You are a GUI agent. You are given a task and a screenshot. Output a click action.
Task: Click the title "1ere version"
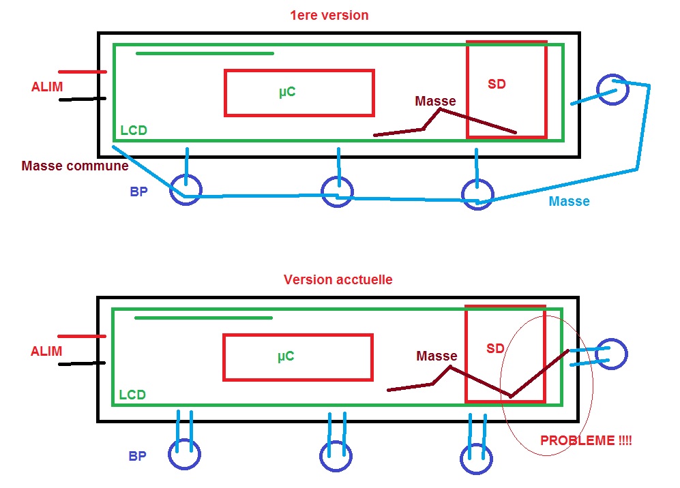329,15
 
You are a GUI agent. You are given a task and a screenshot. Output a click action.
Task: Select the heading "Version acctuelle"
338,279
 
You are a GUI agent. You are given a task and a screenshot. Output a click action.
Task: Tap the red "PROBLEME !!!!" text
586,441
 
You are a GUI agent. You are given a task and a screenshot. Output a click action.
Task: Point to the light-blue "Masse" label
569,201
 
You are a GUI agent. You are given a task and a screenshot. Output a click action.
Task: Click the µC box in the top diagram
299,93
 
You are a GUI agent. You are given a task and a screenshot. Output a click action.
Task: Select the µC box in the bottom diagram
298,357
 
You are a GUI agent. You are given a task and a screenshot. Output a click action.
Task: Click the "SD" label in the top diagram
497,85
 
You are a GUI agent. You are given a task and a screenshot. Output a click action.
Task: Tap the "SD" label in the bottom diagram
495,348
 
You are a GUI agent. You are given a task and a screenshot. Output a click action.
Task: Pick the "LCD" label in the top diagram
134,130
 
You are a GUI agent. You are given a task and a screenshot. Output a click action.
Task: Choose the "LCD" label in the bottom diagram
132,395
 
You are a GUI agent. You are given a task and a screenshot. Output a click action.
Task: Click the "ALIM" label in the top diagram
46,87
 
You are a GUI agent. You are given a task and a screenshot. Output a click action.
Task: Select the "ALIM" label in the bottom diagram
46,352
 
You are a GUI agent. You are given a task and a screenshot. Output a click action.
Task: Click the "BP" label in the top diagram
138,192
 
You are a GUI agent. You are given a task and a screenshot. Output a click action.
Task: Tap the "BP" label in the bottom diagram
138,456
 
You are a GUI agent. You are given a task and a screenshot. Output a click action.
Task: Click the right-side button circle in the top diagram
612,89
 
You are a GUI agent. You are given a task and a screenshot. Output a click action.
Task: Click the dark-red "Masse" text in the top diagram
435,102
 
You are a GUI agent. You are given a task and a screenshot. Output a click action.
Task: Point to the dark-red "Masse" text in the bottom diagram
437,356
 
